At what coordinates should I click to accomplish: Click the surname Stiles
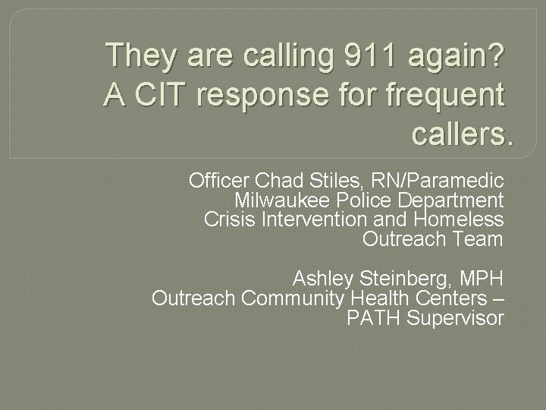(331, 181)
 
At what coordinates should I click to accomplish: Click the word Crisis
(231, 220)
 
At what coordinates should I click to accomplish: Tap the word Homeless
(459, 220)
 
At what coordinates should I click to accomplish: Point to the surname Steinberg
(403, 278)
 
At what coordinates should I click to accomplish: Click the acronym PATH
(373, 318)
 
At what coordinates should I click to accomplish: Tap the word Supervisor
(455, 318)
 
